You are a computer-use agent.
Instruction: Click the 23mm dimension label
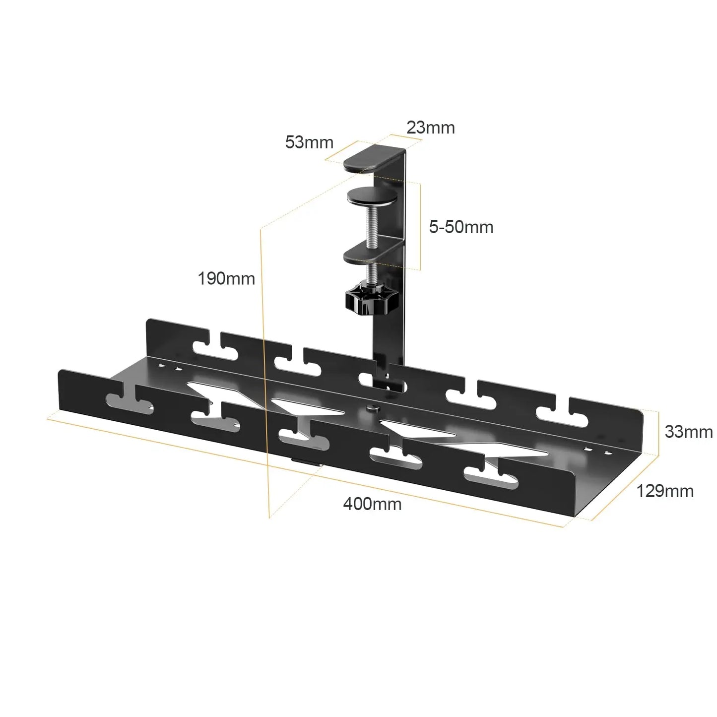pyautogui.click(x=430, y=128)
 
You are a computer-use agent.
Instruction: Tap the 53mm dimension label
pyautogui.click(x=309, y=143)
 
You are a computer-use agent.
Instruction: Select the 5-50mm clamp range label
pyautogui.click(x=461, y=227)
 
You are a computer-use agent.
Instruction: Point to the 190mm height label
pyautogui.click(x=226, y=279)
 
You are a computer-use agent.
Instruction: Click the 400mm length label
pyautogui.click(x=372, y=504)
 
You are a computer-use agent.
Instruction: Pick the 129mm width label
pyautogui.click(x=665, y=491)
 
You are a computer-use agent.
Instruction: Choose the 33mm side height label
pyautogui.click(x=688, y=432)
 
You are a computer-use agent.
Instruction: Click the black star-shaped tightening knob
pyautogui.click(x=367, y=300)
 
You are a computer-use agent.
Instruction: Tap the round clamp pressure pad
pyautogui.click(x=372, y=197)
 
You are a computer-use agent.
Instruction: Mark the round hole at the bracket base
pyautogui.click(x=394, y=386)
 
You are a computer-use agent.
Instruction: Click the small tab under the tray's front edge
pyautogui.click(x=306, y=461)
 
